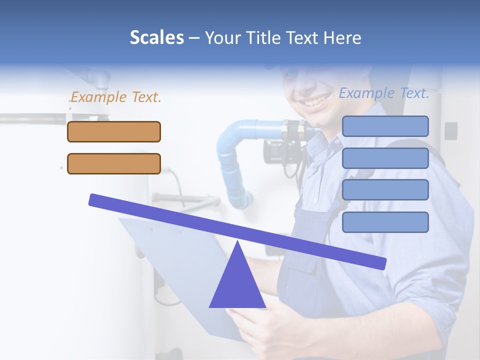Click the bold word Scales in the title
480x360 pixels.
[x=156, y=37]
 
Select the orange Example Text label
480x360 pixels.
[x=116, y=97]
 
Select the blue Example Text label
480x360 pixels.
[x=384, y=93]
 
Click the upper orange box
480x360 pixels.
[x=114, y=131]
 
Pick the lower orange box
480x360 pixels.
[x=114, y=163]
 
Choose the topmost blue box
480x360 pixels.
[x=385, y=126]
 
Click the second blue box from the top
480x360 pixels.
[x=385, y=158]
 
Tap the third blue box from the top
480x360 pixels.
[x=385, y=190]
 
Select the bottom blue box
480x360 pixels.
[x=385, y=222]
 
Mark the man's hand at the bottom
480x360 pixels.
[x=260, y=330]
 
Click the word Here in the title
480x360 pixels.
[x=342, y=37]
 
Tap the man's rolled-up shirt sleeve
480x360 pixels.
[x=425, y=280]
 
